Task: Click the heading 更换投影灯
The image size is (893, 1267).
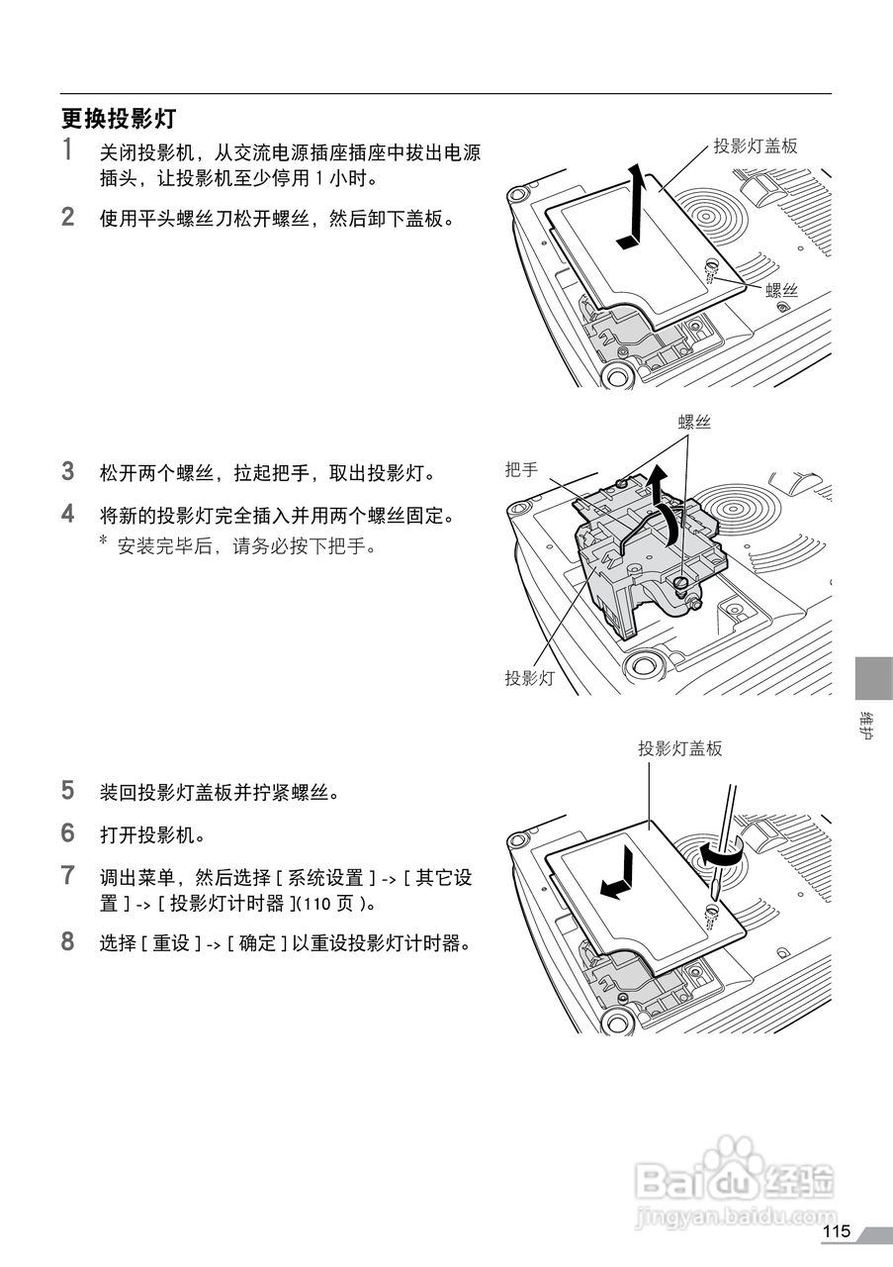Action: coord(119,119)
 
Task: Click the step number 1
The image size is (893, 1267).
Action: coord(68,151)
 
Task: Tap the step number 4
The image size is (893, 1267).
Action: coord(68,514)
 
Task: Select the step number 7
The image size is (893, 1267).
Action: coord(68,875)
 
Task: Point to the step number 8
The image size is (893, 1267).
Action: coord(68,941)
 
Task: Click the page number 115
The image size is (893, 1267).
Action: coord(836,1231)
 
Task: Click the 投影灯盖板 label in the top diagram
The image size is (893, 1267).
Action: coord(756,146)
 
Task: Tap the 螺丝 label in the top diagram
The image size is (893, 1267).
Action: coord(781,290)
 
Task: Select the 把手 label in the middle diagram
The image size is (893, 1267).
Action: coord(521,469)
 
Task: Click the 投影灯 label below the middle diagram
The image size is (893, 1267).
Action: coord(528,678)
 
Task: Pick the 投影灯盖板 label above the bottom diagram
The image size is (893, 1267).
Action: coord(680,749)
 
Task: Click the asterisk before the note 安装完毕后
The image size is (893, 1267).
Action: coord(103,541)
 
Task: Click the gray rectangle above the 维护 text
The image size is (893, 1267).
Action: coord(873,678)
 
